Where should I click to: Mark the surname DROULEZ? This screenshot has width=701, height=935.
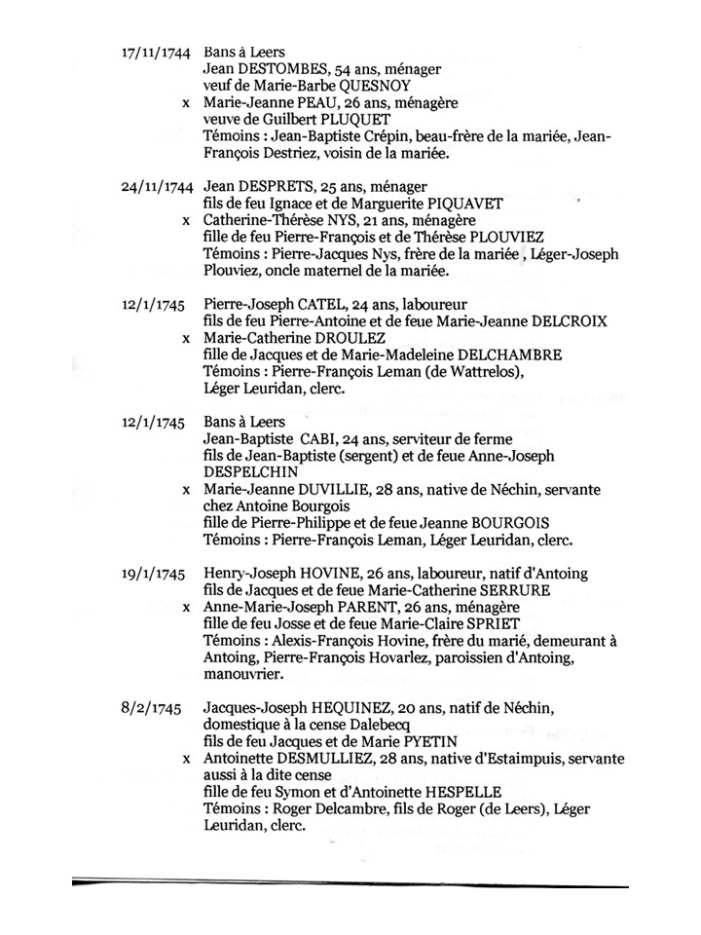coord(365,338)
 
